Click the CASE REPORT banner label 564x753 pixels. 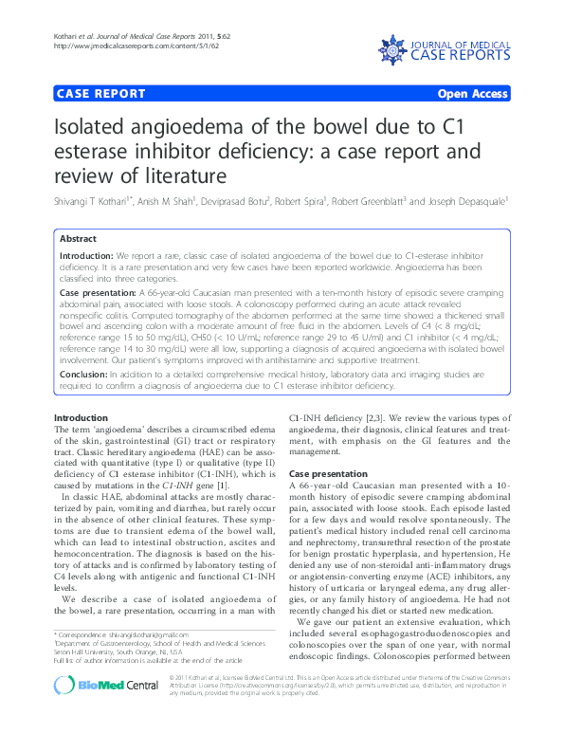pyautogui.click(x=101, y=94)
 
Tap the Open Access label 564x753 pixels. pyautogui.click(x=473, y=94)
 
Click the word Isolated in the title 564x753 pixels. pyautogui.click(x=98, y=129)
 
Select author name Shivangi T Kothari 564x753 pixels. pyautogui.click(x=94, y=200)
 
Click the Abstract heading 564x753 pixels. pyautogui.click(x=78, y=239)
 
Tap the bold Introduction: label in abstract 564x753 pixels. pyautogui.click(x=87, y=256)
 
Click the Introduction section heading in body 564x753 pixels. pyautogui.click(x=81, y=418)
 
